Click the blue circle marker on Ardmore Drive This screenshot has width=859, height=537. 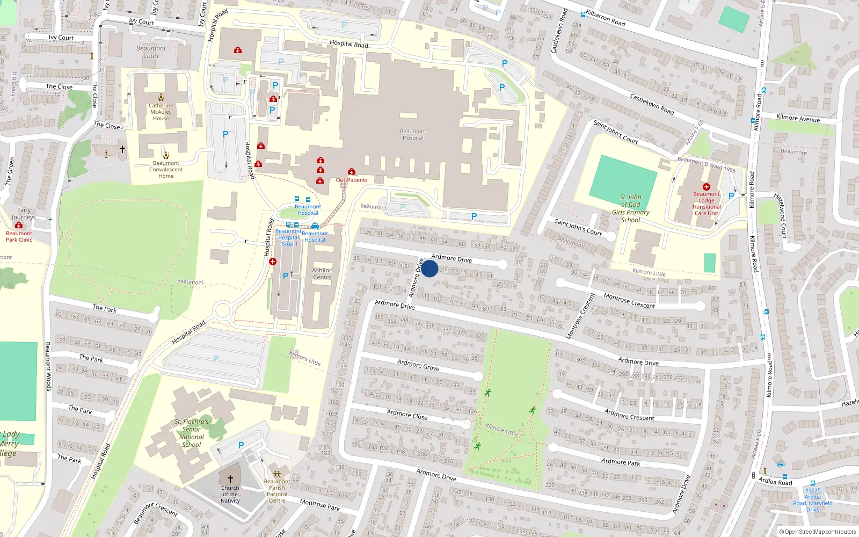429,268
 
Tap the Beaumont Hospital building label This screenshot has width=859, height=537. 413,135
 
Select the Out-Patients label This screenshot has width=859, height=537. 352,180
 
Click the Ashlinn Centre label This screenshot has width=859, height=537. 322,274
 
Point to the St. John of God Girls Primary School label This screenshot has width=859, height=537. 631,208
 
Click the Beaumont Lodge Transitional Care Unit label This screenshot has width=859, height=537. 706,204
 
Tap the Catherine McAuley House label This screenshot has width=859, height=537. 161,112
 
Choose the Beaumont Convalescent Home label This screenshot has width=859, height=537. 166,170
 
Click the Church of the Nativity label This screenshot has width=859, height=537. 230,495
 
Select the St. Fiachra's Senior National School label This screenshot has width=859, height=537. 192,433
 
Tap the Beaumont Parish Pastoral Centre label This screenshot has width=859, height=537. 277,491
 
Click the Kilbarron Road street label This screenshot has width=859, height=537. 606,18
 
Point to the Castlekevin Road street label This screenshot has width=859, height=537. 652,104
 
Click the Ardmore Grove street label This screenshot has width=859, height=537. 418,366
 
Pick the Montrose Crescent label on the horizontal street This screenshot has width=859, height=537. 629,301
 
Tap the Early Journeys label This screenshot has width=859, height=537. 24,214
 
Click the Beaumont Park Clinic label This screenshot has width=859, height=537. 19,236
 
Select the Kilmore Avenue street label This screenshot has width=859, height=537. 798,118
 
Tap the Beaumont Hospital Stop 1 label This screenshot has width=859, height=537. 288,237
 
